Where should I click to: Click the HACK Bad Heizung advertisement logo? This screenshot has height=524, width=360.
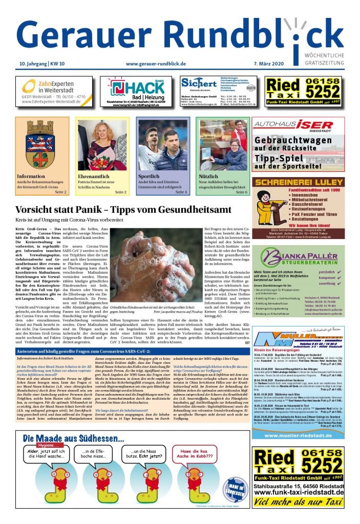(136, 88)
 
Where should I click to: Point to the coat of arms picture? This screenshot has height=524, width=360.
(40, 145)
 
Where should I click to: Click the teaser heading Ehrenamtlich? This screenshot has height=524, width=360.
(94, 177)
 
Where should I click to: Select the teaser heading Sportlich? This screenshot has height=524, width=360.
(149, 177)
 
